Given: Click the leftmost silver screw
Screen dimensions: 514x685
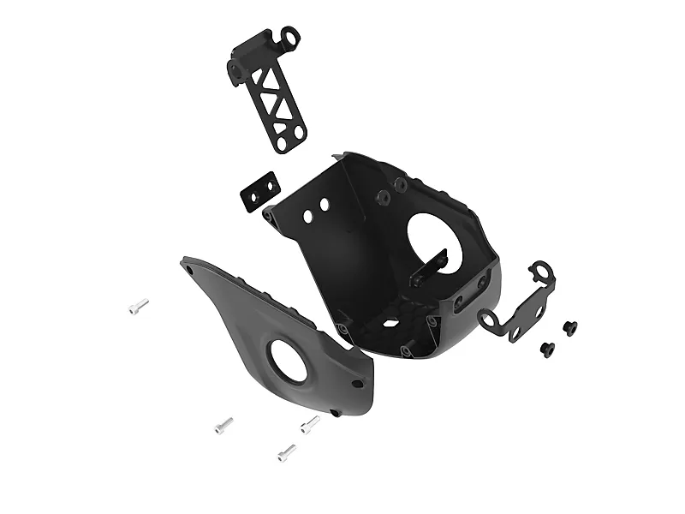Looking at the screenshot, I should (x=138, y=306).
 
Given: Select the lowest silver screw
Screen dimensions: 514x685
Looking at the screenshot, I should (x=286, y=451).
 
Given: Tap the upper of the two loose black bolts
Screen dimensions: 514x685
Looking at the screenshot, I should (x=569, y=326).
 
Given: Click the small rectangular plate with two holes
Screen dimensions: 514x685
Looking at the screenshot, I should (x=259, y=191).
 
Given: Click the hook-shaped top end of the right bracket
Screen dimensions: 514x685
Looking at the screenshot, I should (x=541, y=272).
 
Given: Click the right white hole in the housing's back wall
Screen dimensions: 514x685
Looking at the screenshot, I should (x=325, y=206).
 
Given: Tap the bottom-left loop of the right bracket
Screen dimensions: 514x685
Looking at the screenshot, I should (x=489, y=322).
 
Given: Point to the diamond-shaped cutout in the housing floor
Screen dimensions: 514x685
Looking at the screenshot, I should (x=388, y=324).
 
